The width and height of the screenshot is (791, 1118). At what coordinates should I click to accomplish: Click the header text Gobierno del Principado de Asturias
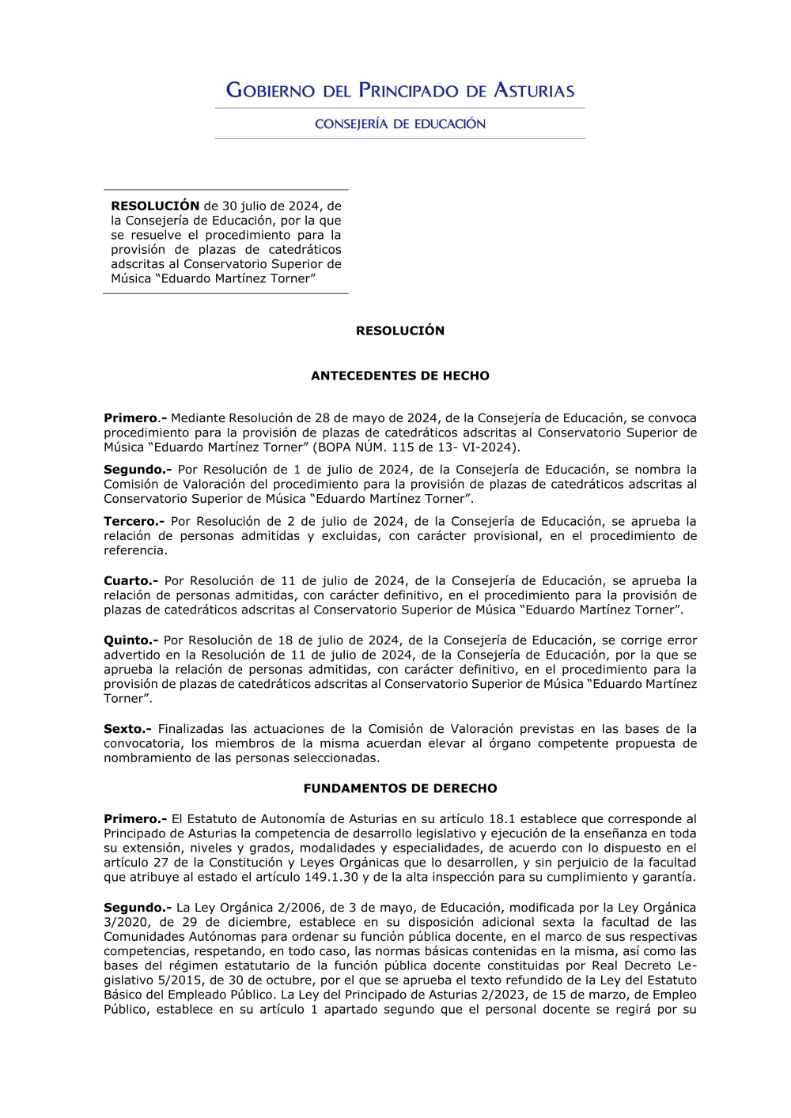click(x=400, y=90)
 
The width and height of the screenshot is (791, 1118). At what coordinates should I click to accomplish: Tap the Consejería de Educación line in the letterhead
click(x=400, y=123)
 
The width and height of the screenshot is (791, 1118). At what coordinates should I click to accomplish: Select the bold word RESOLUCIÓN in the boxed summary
click(x=155, y=206)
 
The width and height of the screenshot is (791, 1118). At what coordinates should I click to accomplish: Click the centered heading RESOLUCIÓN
click(x=400, y=330)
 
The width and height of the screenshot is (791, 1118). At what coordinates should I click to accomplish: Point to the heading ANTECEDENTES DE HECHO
click(x=400, y=376)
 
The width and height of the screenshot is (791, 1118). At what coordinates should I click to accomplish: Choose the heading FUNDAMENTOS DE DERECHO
click(x=400, y=788)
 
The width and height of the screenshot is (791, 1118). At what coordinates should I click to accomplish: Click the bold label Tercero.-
click(x=134, y=521)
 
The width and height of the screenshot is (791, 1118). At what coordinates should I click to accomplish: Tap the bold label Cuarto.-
click(x=131, y=580)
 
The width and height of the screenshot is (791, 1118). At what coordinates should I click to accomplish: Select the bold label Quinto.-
click(x=131, y=640)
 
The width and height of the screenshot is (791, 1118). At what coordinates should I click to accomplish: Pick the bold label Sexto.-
click(x=127, y=729)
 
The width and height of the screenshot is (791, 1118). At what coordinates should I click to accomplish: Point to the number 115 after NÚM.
click(x=403, y=448)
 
